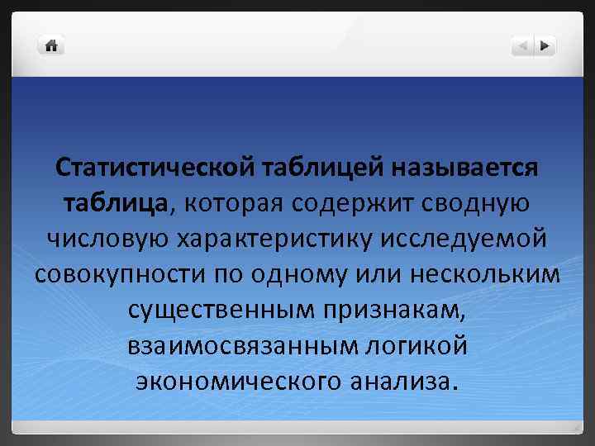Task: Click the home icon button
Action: coord(51,45)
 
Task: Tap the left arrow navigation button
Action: coord(522,46)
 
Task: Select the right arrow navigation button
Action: coord(545,46)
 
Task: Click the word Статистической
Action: coord(154,168)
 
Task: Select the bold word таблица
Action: coord(115,202)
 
